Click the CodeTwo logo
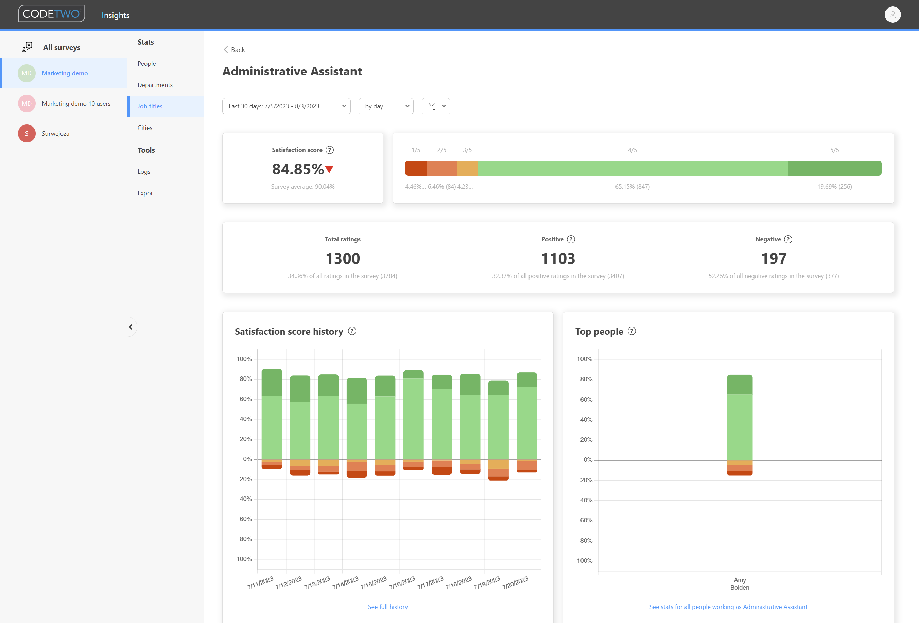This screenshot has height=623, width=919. point(51,14)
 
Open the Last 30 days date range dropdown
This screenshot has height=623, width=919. point(286,106)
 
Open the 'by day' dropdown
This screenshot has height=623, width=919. point(385,106)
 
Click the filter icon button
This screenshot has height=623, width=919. point(435,106)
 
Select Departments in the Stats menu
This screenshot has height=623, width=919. point(155,85)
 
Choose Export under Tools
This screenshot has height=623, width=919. point(146,193)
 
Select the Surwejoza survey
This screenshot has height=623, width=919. point(55,133)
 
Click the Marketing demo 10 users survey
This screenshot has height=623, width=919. point(76,103)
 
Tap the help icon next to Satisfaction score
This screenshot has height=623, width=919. point(329,150)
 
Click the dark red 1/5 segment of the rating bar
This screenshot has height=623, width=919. point(415,168)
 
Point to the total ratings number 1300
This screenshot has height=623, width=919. point(343,259)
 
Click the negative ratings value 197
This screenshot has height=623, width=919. point(773,259)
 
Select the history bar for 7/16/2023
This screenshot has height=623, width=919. point(413,419)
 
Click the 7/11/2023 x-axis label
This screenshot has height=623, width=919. point(260,583)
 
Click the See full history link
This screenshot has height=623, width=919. point(387,607)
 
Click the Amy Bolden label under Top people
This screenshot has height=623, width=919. point(739,584)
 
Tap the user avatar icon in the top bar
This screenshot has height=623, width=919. point(892,15)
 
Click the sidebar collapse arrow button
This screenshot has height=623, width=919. point(131,327)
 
